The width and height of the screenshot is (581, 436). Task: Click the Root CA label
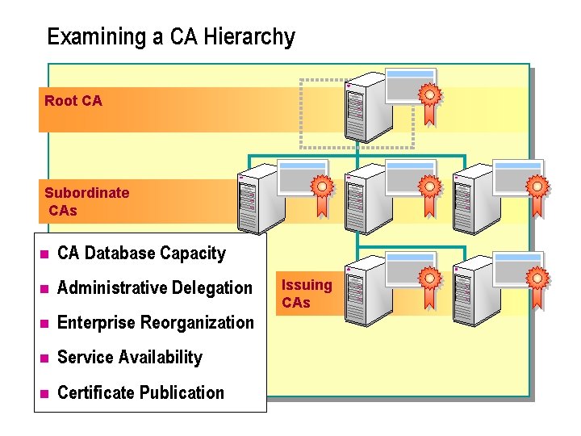point(73,101)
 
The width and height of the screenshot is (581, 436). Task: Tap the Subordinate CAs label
point(86,201)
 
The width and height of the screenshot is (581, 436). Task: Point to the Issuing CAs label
point(307,293)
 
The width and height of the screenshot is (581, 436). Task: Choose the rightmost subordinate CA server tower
point(473,200)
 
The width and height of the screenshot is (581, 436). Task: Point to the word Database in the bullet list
point(120,254)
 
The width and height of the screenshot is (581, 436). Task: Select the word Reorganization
point(197,323)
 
